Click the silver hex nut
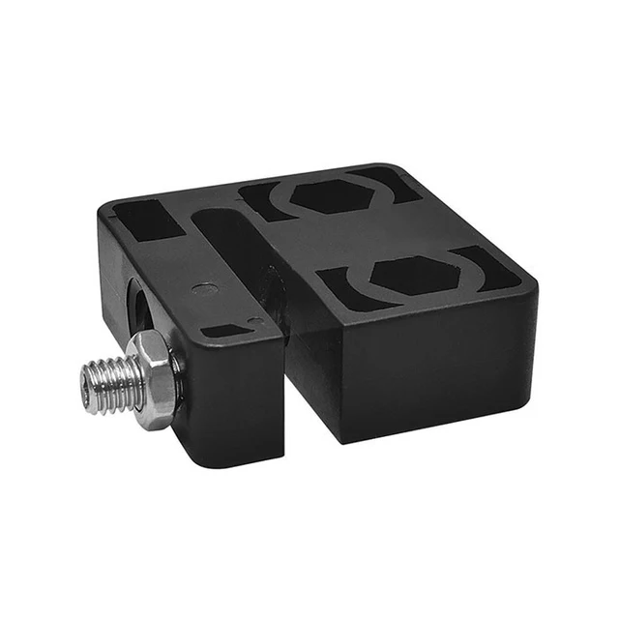155,378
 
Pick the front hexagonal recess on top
413,275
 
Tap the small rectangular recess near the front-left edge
224,331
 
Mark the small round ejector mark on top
204,287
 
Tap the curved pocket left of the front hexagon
347,287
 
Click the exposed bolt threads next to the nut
111,384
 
